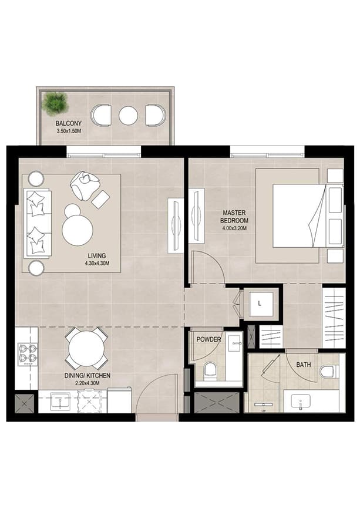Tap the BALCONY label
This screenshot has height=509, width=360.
(69, 123)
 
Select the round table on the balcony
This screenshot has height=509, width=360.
(128, 115)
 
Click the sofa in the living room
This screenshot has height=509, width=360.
(36, 224)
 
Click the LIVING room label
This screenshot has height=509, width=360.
(97, 255)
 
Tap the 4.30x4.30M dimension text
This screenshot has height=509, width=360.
(97, 264)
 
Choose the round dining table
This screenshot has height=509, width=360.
(86, 349)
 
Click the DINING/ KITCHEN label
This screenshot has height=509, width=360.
(88, 375)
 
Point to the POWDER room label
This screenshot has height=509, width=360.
(208, 339)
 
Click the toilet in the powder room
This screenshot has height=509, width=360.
(210, 370)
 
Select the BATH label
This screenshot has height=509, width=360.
(304, 365)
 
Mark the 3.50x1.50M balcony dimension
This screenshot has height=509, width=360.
(69, 132)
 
